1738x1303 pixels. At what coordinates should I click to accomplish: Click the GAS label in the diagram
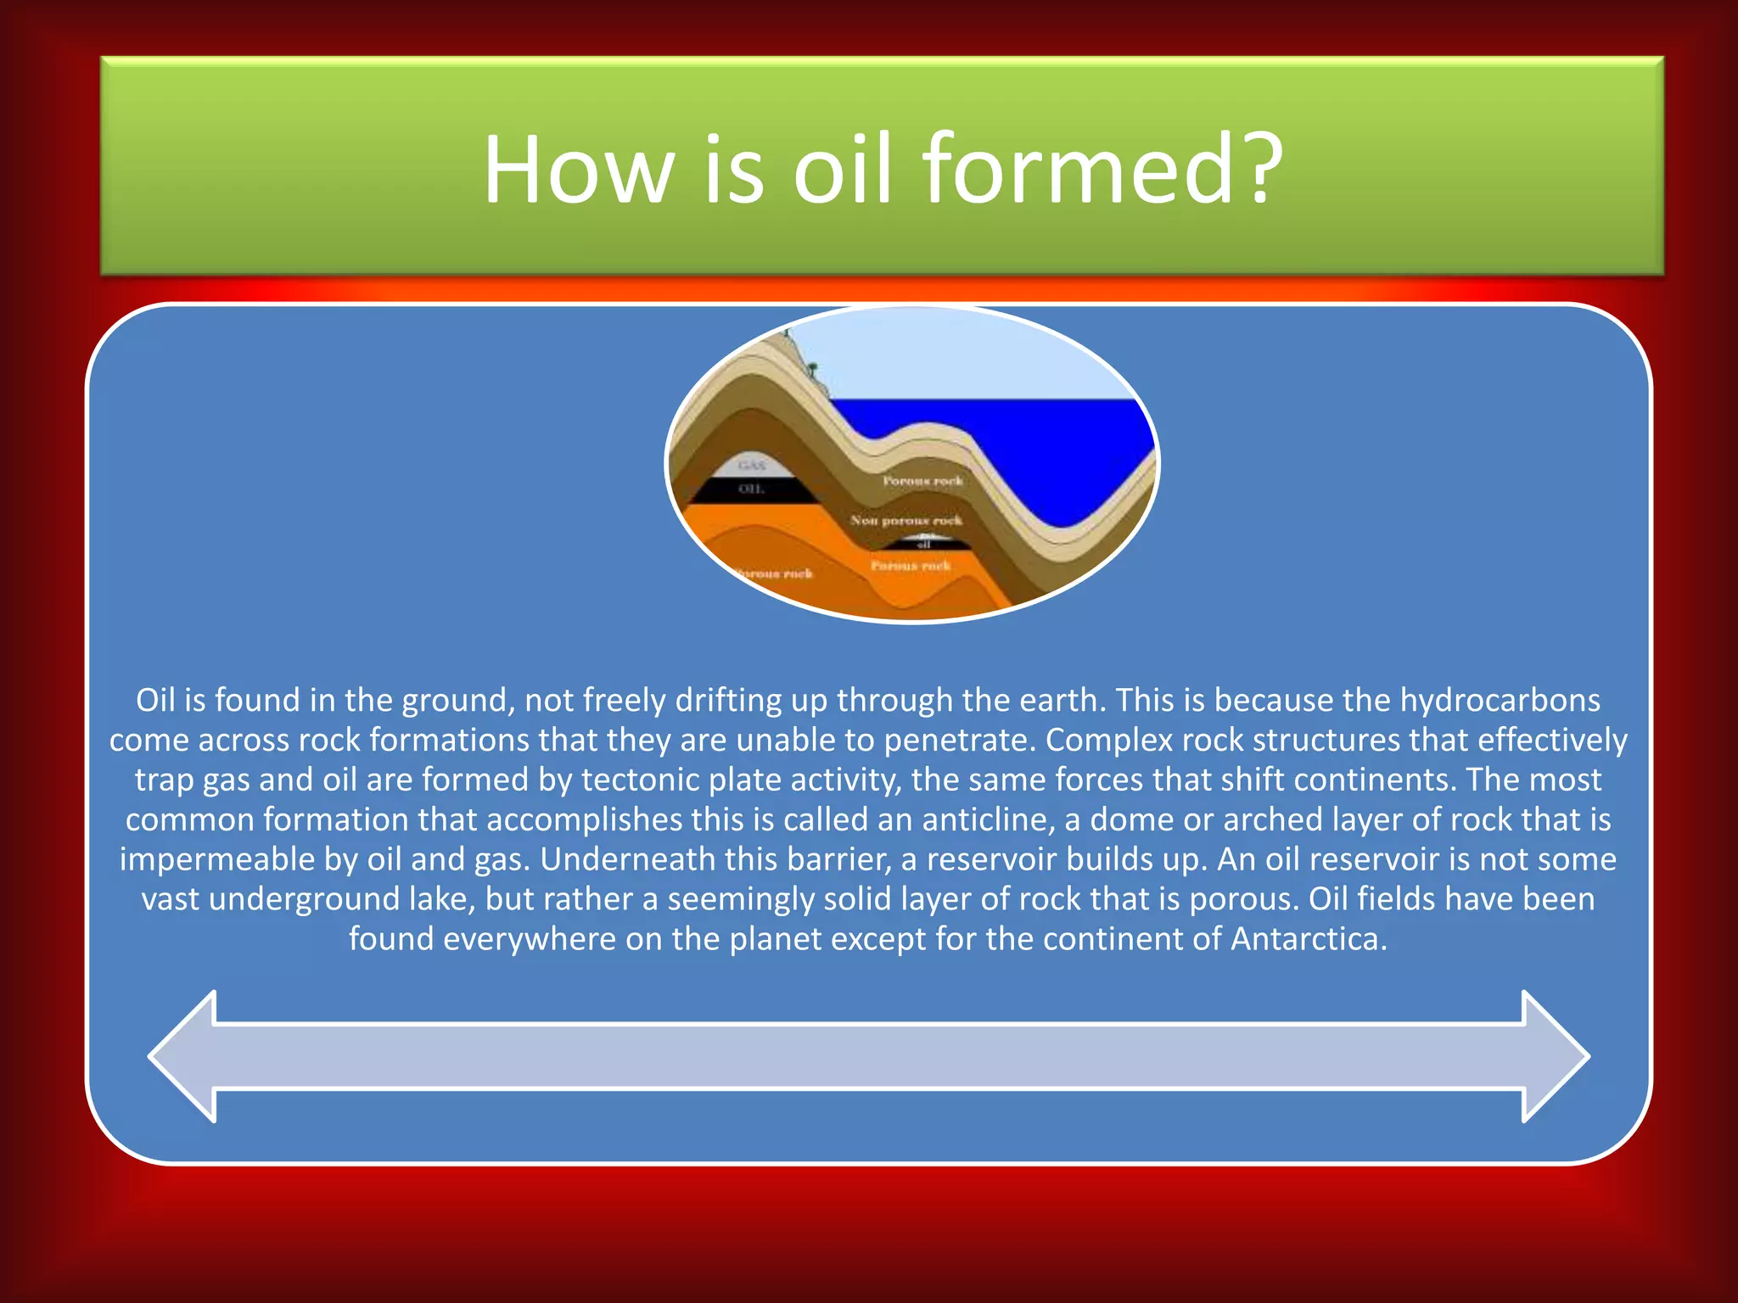pos(751,465)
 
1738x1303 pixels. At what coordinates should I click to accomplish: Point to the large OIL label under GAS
pos(751,489)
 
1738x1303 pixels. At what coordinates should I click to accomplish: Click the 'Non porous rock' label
pos(906,520)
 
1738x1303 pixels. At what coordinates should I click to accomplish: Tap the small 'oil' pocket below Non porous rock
pos(924,544)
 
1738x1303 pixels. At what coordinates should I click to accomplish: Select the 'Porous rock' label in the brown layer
pos(922,480)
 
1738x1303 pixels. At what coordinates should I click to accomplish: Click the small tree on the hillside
pos(812,371)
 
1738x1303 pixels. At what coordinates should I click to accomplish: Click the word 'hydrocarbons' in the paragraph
pos(1500,701)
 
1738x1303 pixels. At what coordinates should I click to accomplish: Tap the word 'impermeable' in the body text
pos(217,860)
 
